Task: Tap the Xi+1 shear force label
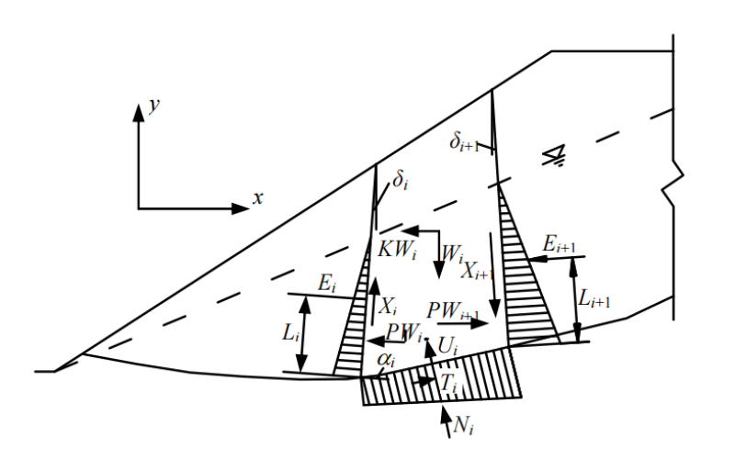pyautogui.click(x=478, y=270)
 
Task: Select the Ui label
pyautogui.click(x=447, y=346)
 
